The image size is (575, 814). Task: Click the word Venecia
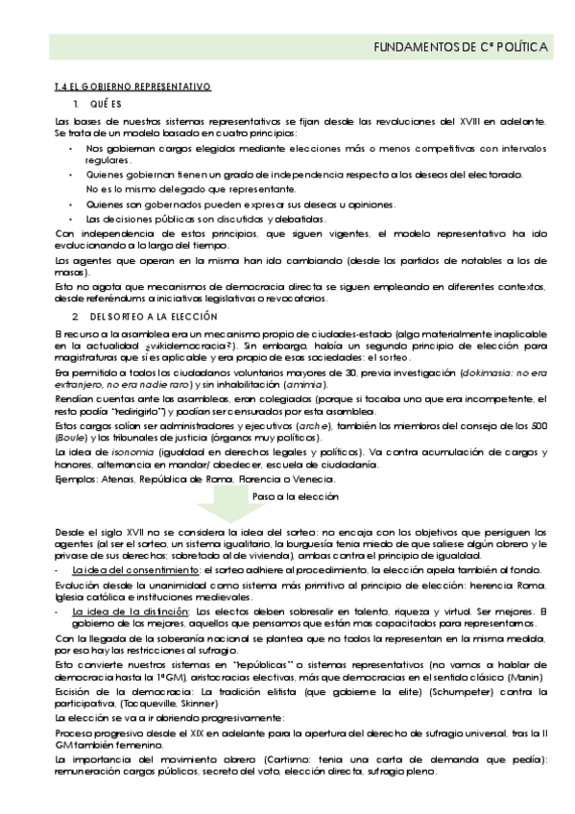click(311, 478)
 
